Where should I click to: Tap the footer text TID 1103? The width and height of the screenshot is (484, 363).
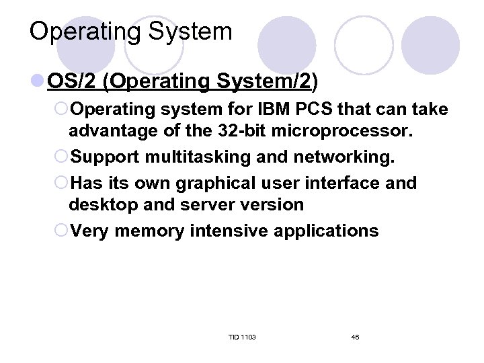241,336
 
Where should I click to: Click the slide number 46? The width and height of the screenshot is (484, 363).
355,336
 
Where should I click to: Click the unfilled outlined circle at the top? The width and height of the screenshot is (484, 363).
364,45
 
